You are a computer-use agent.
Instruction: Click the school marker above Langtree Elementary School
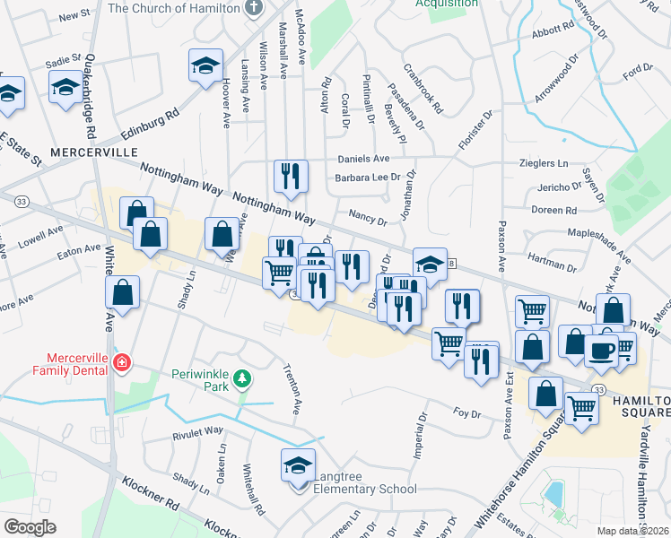(299, 466)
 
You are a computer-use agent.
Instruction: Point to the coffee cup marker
(601, 349)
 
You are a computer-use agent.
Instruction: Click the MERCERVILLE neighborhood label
(92, 152)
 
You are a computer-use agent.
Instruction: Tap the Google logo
(30, 527)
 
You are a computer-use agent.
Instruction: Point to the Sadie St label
(64, 64)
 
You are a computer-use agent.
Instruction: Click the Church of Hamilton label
(174, 8)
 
